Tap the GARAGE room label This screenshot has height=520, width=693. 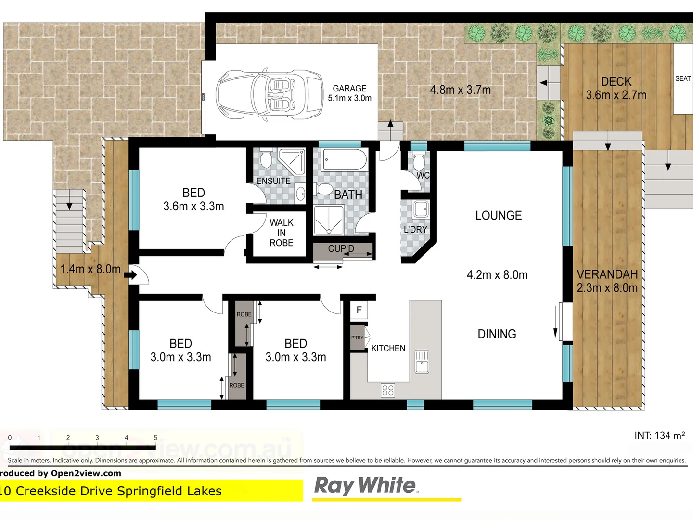(x=349, y=89)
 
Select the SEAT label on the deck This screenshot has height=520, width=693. (x=682, y=79)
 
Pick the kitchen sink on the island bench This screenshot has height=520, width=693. (x=422, y=361)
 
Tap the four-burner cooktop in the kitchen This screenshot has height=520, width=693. (x=388, y=390)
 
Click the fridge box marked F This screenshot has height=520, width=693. (x=359, y=311)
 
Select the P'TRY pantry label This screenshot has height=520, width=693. (x=358, y=338)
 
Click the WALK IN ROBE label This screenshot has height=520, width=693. (x=282, y=233)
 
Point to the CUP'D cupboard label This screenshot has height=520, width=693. (x=341, y=249)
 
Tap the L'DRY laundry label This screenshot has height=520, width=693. (x=415, y=230)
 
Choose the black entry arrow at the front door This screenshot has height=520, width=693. (x=130, y=275)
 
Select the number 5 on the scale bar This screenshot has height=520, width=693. (x=155, y=438)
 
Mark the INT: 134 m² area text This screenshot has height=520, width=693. (x=659, y=436)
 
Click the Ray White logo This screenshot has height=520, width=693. (x=365, y=485)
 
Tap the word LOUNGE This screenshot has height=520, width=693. (x=499, y=216)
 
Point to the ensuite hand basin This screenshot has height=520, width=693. (x=301, y=194)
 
